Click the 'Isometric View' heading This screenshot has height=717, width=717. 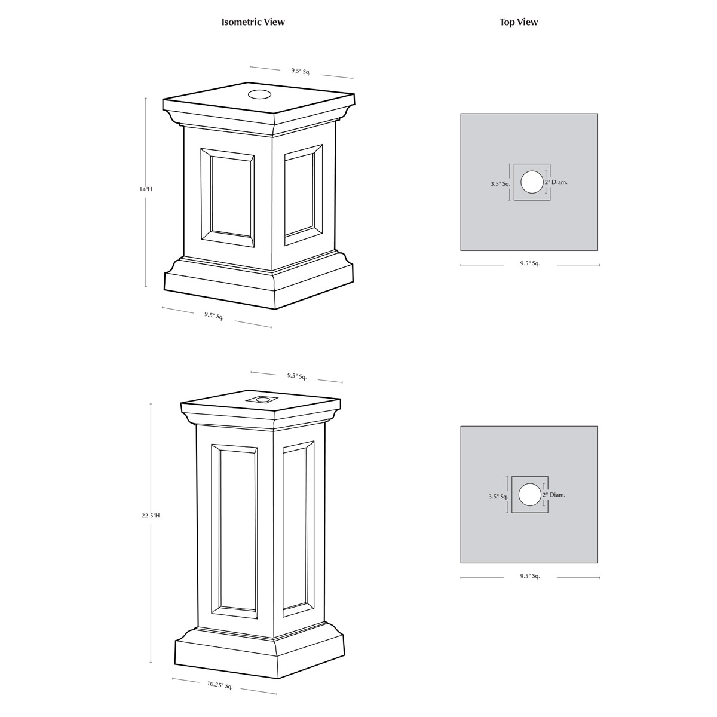point(253,22)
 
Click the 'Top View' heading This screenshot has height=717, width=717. point(519,22)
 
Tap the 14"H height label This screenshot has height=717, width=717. point(146,189)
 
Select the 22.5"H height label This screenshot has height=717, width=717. point(151,515)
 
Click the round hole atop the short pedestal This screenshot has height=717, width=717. point(259,94)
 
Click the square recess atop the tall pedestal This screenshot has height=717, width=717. point(262,400)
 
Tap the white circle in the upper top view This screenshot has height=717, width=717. point(532,182)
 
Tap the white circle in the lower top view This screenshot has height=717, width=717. point(529,495)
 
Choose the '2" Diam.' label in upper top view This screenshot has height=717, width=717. point(556,182)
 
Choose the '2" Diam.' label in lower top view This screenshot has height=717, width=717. point(554,495)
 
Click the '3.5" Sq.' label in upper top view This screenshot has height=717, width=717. point(501,184)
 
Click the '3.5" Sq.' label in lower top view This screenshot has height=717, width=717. point(498,497)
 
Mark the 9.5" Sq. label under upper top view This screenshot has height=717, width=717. point(530,263)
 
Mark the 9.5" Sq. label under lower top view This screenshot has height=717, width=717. point(530,576)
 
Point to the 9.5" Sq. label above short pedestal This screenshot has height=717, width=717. point(301,72)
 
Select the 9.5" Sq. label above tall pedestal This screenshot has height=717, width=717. point(297,376)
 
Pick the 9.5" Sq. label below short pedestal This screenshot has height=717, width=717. point(214,316)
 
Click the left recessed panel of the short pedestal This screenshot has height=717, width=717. point(228,198)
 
